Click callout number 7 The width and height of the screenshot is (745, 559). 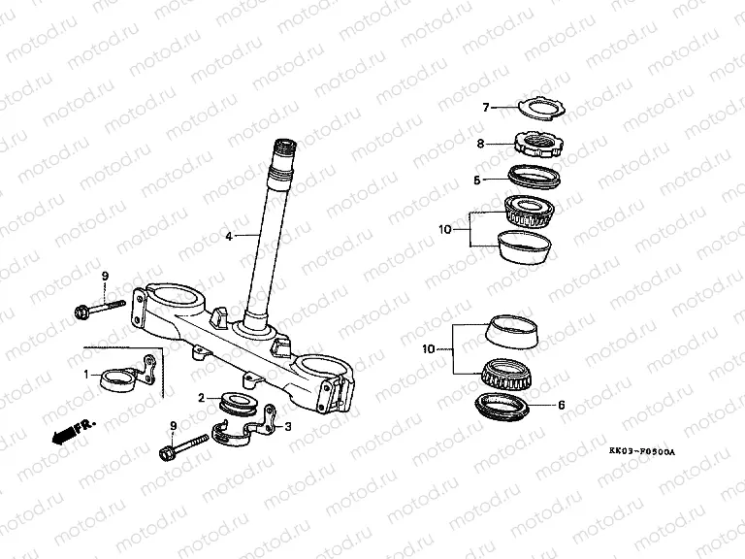[x=488, y=108]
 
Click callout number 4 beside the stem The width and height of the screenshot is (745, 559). [x=229, y=236]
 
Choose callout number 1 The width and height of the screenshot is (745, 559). [x=85, y=374]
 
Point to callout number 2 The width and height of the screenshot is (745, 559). [x=201, y=398]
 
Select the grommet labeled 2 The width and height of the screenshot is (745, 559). [x=237, y=402]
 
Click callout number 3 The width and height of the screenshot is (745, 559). [x=288, y=424]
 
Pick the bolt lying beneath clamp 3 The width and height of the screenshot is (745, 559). [x=183, y=449]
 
